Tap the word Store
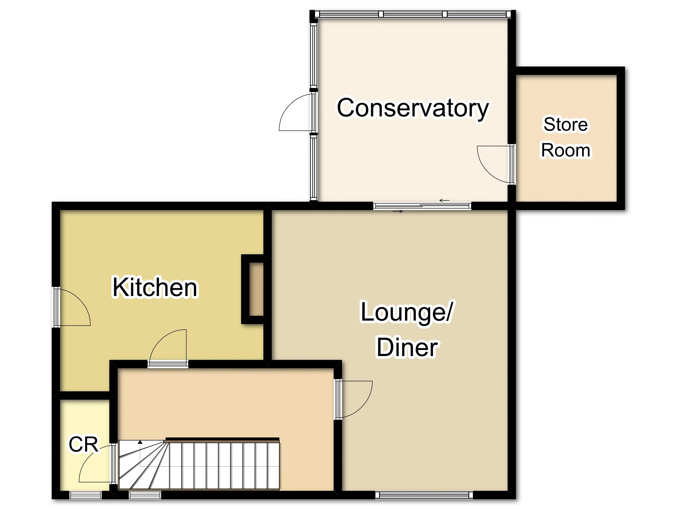point(566,124)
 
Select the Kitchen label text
point(155,287)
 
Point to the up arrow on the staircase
point(140,442)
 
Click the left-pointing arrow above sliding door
point(444,201)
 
